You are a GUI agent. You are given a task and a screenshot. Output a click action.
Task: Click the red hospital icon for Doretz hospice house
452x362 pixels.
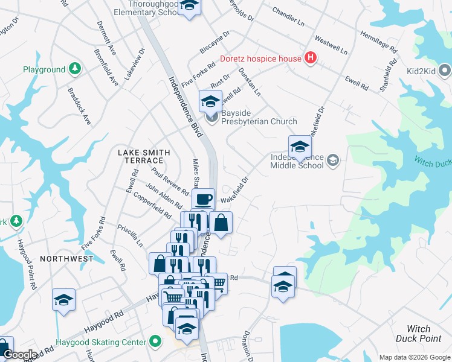click(x=311, y=58)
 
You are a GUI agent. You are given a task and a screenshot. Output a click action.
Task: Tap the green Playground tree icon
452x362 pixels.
click(x=75, y=69)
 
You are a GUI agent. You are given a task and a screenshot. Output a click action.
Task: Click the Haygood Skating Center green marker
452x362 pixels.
click(x=156, y=342)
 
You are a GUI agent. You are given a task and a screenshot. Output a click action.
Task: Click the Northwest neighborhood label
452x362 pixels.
click(x=66, y=258)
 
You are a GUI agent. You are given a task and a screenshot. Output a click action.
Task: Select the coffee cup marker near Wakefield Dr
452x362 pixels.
click(x=203, y=198)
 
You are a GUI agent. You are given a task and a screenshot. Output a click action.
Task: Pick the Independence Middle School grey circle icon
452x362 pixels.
click(x=332, y=160)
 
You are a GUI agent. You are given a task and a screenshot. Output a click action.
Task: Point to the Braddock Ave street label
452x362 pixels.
click(x=79, y=107)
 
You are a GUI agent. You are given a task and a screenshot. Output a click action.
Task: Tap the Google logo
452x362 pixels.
click(x=21, y=355)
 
